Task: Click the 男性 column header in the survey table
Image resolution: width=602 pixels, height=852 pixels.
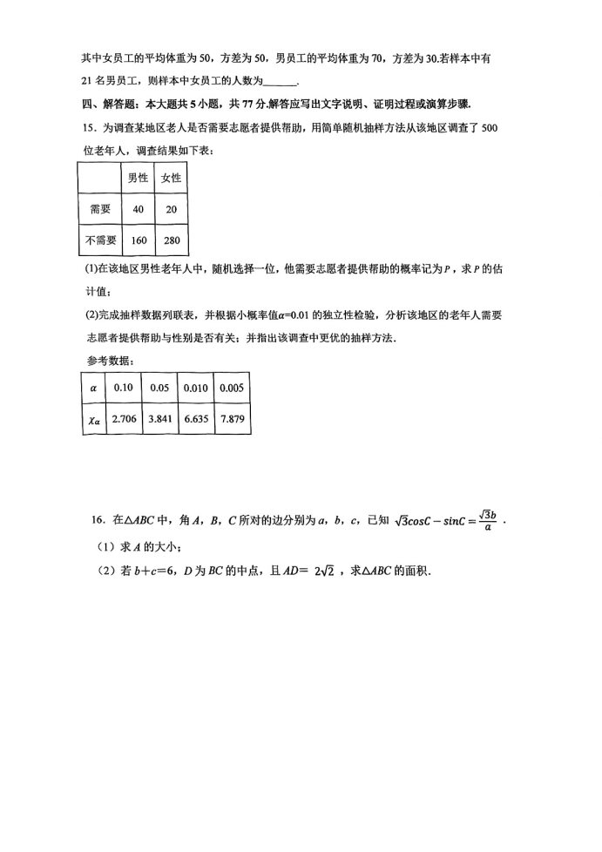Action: pyautogui.click(x=137, y=178)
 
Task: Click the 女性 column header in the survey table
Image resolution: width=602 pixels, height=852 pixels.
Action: pyautogui.click(x=172, y=178)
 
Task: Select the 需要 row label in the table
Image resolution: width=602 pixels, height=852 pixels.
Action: pyautogui.click(x=99, y=209)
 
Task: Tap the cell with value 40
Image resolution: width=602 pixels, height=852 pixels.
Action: pyautogui.click(x=137, y=209)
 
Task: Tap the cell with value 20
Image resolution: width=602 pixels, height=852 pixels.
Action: pyautogui.click(x=172, y=209)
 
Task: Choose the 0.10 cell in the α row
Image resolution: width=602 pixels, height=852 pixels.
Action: pyautogui.click(x=123, y=389)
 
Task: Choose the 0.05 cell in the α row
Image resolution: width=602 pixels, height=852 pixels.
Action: pyautogui.click(x=159, y=389)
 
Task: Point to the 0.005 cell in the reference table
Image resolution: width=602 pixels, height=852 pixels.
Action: pyautogui.click(x=232, y=389)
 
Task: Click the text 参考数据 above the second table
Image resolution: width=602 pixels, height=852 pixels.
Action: pyautogui.click(x=105, y=361)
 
